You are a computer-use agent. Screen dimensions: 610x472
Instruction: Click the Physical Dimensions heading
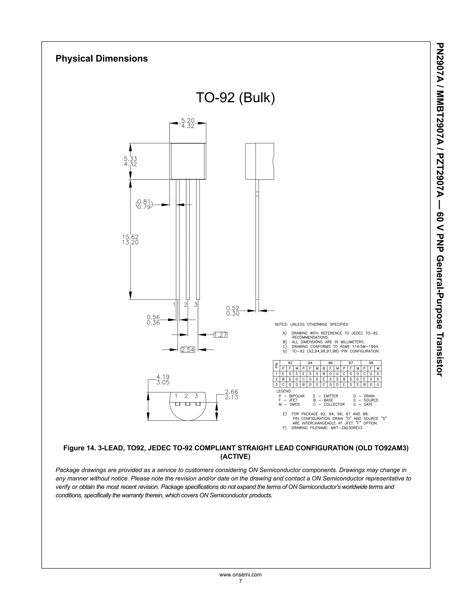(x=101, y=59)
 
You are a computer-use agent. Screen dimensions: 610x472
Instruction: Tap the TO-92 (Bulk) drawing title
(x=235, y=97)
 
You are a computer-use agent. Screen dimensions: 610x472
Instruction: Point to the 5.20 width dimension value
(x=188, y=121)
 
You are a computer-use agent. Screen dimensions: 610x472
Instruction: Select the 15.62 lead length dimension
(x=130, y=237)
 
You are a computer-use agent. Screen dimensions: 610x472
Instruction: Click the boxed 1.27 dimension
(x=220, y=335)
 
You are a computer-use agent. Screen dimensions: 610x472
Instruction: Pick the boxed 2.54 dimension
(x=188, y=350)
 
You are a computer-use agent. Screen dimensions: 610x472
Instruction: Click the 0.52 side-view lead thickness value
(x=233, y=308)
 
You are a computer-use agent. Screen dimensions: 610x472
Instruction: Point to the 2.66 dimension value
(x=232, y=392)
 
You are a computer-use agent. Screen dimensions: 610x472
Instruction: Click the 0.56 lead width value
(x=153, y=317)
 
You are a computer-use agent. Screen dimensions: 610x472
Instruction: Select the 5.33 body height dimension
(x=130, y=159)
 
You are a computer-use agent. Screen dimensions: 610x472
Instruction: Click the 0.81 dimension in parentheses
(x=144, y=202)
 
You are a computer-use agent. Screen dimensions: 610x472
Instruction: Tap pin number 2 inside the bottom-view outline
(x=186, y=396)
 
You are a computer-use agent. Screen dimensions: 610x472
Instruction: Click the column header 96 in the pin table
(x=330, y=363)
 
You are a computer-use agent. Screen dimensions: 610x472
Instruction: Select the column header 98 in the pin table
(x=371, y=363)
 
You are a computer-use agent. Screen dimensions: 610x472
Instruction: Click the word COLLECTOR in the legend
(x=334, y=404)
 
